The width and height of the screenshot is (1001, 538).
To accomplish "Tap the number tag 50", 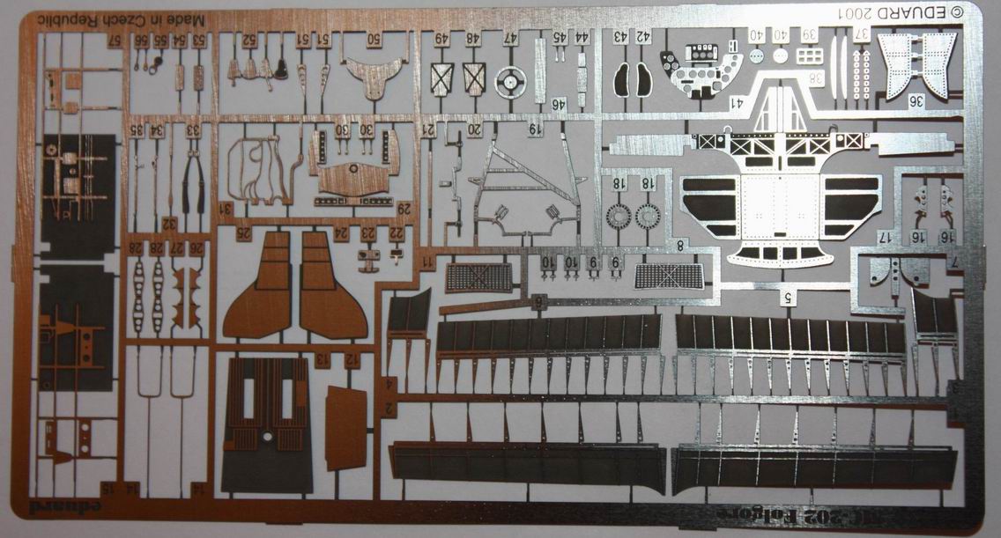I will [x=373, y=39].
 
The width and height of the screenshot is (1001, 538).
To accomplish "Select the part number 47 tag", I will [x=510, y=39].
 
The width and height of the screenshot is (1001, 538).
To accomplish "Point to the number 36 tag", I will [x=916, y=100].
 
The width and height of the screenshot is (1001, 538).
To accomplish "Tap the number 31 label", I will [x=226, y=209].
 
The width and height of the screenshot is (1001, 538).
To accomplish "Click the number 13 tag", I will [x=323, y=359].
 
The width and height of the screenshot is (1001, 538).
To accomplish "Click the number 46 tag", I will [x=557, y=104].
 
